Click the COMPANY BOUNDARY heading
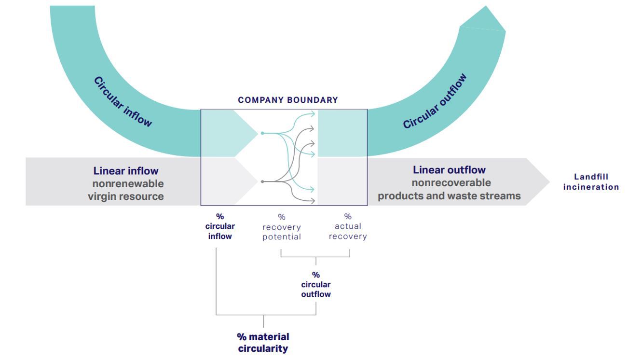coord(288,100)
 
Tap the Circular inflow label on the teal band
coord(123,102)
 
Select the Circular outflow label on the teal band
coord(435,101)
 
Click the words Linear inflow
coord(126,171)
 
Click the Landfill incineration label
coord(591,182)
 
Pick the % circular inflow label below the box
coord(219,226)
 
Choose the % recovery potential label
coord(282,227)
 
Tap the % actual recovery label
coord(348,227)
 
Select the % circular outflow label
coord(316,284)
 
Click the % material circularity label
coord(263,343)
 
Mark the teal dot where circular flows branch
coord(262,133)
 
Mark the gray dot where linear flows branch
coord(262,181)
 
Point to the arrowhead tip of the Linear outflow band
coord(549,182)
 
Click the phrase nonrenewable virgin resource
coord(126,190)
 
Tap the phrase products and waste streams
coord(449,196)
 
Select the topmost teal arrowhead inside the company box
coord(314,114)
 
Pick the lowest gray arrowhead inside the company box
coord(314,200)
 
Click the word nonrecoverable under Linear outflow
coord(451,183)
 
